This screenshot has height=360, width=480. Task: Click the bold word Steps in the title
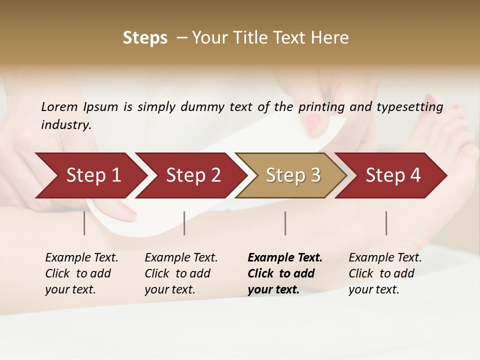coord(145,38)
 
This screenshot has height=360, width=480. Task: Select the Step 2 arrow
coord(190,175)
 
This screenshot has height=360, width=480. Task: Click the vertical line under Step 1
coord(84,223)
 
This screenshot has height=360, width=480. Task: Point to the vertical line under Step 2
coord(184,223)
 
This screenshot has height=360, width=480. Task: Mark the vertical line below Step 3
coord(285,223)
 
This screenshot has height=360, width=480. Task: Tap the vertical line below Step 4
coord(386,223)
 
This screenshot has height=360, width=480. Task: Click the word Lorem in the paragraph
coord(59,106)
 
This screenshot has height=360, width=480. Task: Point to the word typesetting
coord(414,107)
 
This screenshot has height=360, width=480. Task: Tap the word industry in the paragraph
coord(66,125)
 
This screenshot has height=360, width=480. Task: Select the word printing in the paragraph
coord(323,107)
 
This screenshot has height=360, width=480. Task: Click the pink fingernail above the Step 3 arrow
coord(313,121)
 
